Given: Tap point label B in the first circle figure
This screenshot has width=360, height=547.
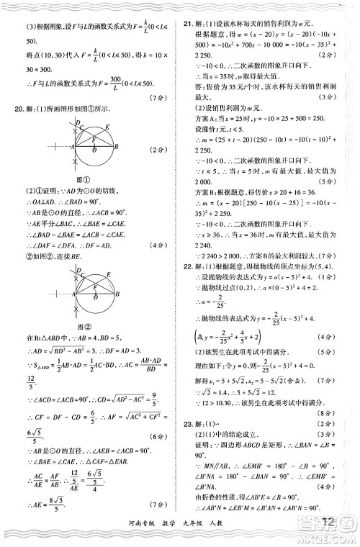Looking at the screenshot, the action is point(116,147).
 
